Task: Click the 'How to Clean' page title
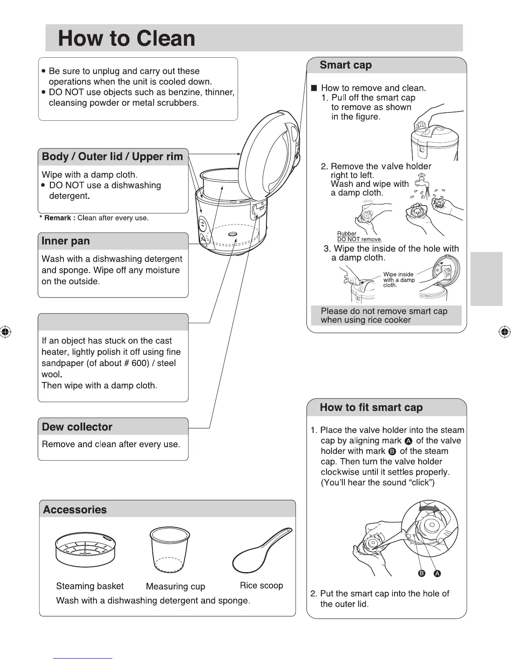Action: pyautogui.click(x=126, y=38)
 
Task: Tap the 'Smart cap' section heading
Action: pyautogui.click(x=345, y=65)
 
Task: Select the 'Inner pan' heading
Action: pyautogui.click(x=66, y=241)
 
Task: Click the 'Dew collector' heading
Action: pyautogui.click(x=77, y=427)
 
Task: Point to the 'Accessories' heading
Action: pyautogui.click(x=75, y=509)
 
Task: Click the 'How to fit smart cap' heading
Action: pyautogui.click(x=371, y=407)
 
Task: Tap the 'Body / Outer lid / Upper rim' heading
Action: pyautogui.click(x=112, y=157)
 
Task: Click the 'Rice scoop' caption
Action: pyautogui.click(x=261, y=586)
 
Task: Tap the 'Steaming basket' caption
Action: pyautogui.click(x=90, y=586)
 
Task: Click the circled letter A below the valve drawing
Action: pyautogui.click(x=437, y=573)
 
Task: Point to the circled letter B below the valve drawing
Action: pyautogui.click(x=422, y=573)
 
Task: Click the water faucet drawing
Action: pyautogui.click(x=420, y=183)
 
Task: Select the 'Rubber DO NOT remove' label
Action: pyautogui.click(x=359, y=237)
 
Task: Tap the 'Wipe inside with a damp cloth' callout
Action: pyautogui.click(x=398, y=280)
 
